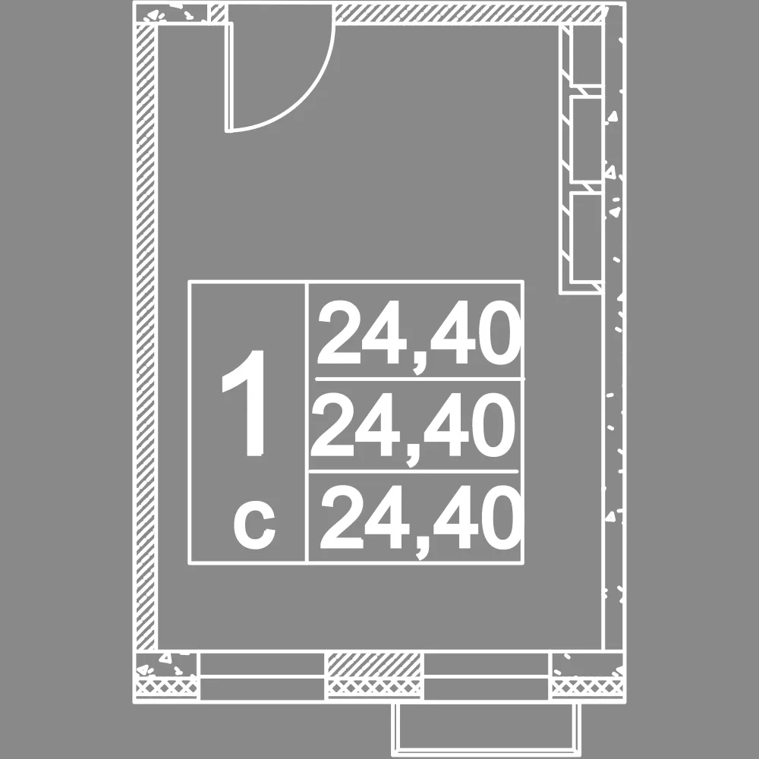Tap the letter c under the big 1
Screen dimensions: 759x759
254,526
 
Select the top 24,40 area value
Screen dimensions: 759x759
419,335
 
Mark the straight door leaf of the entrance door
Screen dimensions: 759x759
229,77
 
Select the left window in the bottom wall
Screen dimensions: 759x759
262,676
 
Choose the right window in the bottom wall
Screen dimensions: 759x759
487,676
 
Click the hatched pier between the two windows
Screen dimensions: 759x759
373,666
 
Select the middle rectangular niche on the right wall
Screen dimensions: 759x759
587,138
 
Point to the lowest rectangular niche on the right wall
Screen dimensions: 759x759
587,237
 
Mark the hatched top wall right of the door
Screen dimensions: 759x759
468,13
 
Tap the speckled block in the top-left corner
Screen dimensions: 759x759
172,14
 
